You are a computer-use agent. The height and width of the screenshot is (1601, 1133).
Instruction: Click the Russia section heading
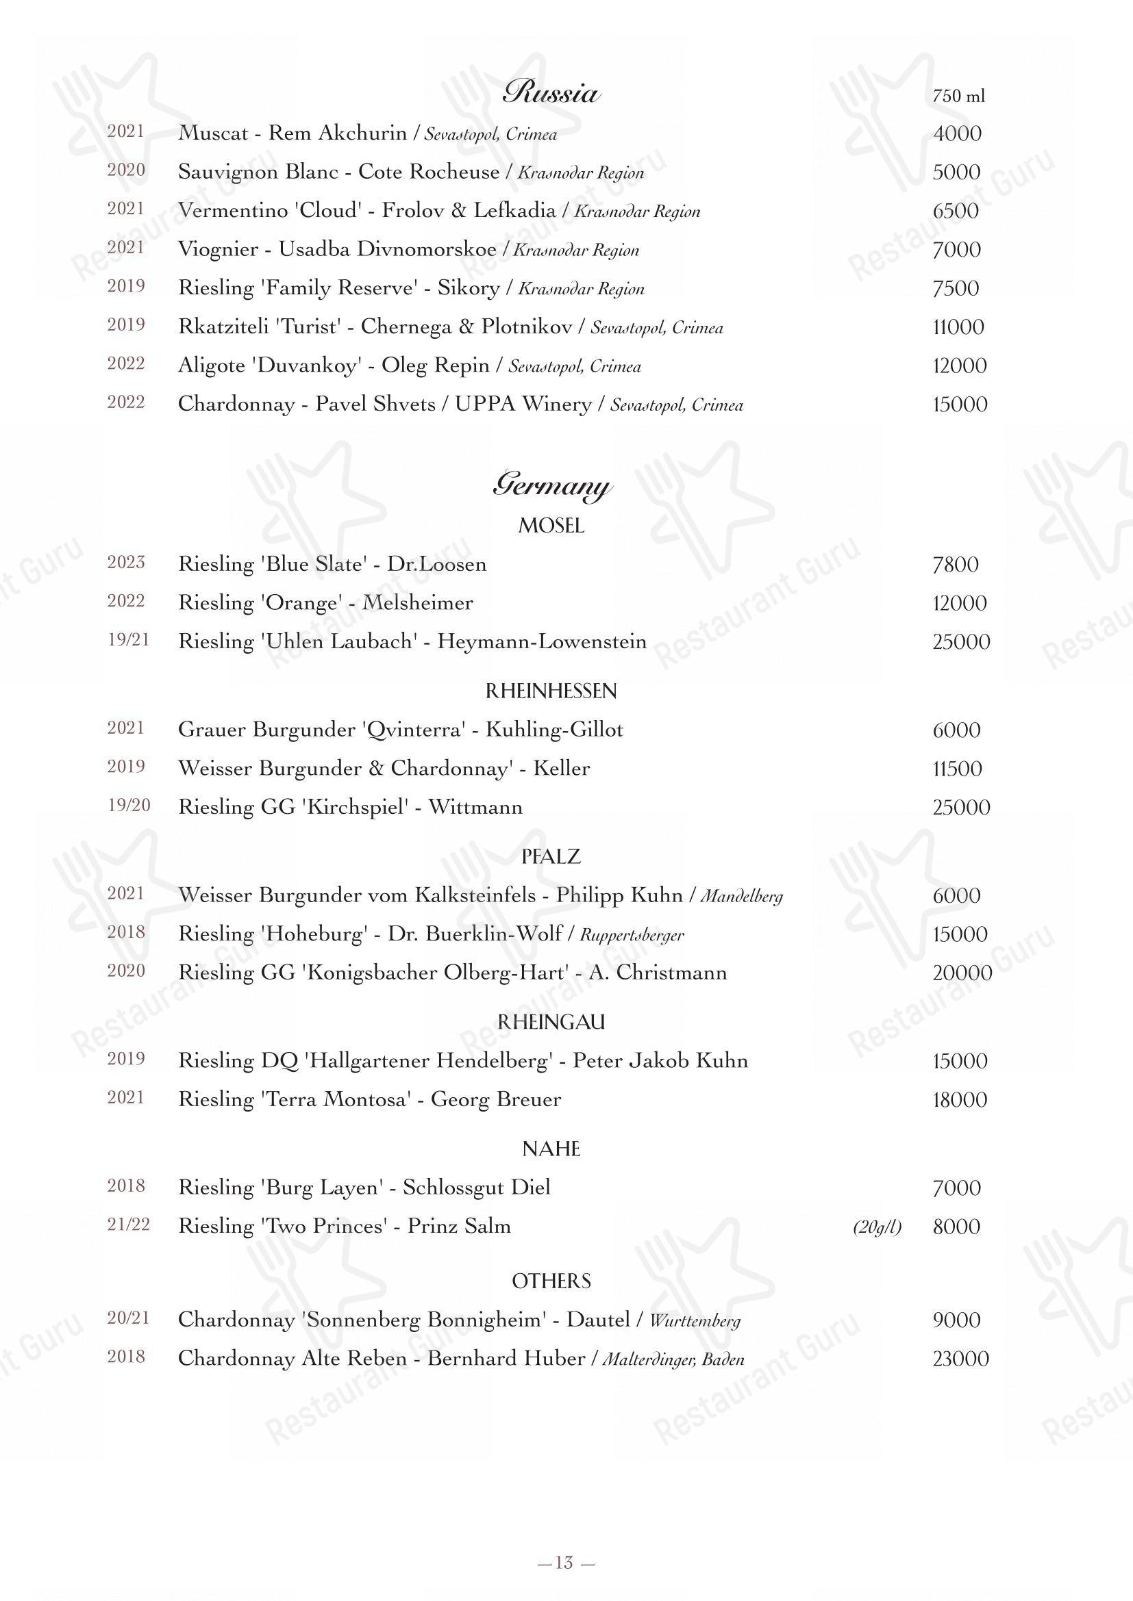click(551, 92)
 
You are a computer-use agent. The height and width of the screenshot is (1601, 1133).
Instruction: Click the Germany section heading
click(551, 485)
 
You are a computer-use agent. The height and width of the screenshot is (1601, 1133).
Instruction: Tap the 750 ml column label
click(958, 97)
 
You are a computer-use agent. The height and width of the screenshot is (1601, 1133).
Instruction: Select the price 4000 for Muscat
click(957, 134)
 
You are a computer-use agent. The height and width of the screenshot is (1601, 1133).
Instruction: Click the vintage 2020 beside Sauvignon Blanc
click(125, 171)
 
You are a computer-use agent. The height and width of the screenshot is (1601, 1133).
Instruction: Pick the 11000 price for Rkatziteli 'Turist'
click(958, 327)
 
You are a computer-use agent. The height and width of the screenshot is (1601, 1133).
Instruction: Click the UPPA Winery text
click(523, 405)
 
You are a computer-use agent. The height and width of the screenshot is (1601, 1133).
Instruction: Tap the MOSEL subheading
click(551, 526)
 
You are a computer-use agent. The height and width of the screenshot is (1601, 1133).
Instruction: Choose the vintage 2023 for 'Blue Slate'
click(125, 563)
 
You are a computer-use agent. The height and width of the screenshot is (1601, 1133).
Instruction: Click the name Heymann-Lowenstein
click(541, 641)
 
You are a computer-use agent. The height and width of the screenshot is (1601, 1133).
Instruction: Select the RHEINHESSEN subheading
click(551, 691)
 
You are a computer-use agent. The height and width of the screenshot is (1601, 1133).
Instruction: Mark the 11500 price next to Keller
click(957, 769)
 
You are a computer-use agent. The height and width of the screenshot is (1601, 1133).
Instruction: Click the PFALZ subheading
click(551, 856)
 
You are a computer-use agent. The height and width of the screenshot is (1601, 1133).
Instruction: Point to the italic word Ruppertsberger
click(632, 935)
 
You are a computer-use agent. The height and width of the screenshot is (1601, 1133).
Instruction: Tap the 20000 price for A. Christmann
click(962, 973)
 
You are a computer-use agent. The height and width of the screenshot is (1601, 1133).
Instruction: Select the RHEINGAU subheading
click(551, 1021)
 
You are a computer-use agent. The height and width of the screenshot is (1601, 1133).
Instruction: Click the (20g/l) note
click(877, 1227)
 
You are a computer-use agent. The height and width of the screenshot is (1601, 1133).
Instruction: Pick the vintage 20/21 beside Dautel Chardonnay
click(128, 1318)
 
